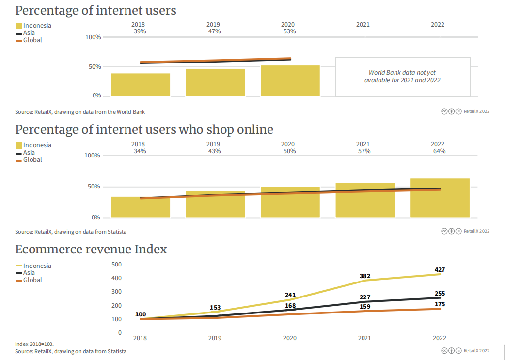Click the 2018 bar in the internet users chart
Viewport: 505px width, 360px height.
141,84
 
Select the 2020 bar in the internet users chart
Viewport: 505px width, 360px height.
290,80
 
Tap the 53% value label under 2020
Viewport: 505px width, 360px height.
290,31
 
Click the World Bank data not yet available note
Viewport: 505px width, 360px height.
402,77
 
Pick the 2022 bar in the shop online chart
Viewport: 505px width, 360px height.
440,198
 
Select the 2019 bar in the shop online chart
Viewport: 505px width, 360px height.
215,204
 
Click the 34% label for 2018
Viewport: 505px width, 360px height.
138,151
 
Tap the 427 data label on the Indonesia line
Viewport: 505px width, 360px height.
440,269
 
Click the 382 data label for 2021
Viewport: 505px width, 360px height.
365,276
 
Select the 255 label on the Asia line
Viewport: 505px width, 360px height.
440,293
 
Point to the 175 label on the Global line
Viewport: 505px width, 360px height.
440,304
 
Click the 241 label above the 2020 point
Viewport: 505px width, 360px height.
290,295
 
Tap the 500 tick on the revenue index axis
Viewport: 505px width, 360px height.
117,264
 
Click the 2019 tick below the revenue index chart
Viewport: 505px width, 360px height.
215,338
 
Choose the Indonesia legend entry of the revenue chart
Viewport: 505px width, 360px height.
37,266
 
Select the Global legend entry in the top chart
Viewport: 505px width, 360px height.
32,40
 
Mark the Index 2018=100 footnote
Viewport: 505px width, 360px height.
34,344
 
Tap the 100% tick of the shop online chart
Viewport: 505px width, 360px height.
93,156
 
